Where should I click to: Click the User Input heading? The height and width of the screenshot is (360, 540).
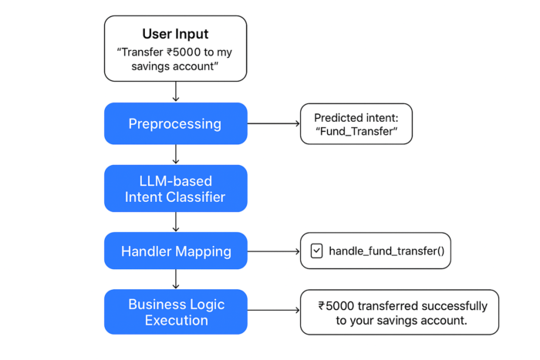[x=176, y=34]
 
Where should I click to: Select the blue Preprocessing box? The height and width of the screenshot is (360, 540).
[x=176, y=123]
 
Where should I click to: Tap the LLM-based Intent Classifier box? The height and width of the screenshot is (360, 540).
[x=176, y=188]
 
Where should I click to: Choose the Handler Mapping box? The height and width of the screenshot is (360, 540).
[x=176, y=251]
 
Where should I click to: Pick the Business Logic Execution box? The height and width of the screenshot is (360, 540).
[x=176, y=311]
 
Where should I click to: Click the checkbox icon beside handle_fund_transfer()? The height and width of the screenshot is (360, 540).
[x=316, y=251]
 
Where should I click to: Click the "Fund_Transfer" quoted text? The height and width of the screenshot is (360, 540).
[x=356, y=132]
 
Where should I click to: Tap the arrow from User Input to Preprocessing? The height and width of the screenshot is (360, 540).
[x=176, y=91]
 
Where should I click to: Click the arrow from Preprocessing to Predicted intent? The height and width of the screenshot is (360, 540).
[x=273, y=123]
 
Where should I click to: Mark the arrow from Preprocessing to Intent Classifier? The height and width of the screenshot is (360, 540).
[x=176, y=154]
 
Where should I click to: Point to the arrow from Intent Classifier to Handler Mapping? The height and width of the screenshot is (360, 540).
[x=176, y=221]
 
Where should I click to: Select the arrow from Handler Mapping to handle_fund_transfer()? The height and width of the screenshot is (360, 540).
[x=273, y=251]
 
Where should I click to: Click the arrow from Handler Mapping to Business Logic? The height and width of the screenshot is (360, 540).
[x=176, y=280]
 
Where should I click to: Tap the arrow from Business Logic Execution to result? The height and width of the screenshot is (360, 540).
[x=273, y=311]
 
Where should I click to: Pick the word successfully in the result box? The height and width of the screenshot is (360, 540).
[x=451, y=305]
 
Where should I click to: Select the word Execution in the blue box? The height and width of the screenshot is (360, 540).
[x=176, y=320]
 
